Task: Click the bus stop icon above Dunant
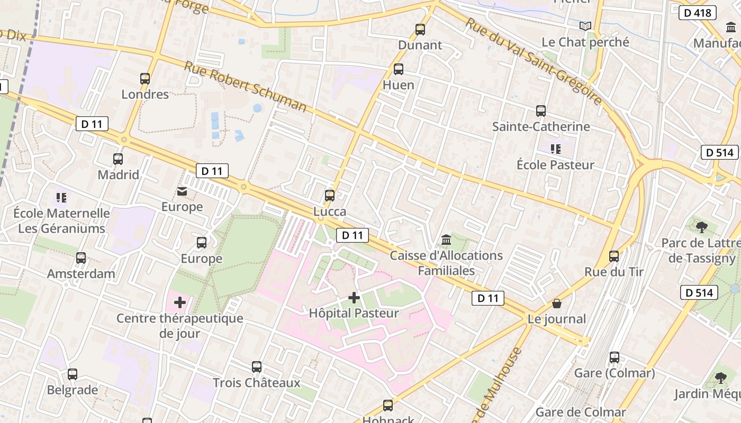tap(420, 30)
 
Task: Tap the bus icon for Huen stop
tap(399, 69)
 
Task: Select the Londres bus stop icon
tap(145, 79)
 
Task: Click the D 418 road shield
tap(697, 13)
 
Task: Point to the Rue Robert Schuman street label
tap(245, 87)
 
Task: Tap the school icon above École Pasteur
tap(555, 149)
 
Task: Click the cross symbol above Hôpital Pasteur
tap(354, 298)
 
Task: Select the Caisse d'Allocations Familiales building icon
tap(446, 240)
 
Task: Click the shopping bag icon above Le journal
tap(556, 304)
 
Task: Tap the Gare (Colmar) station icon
tap(615, 357)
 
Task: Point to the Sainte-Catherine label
tap(541, 127)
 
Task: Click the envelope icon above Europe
tap(182, 191)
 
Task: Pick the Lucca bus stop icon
tap(330, 196)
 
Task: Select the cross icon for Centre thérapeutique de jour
tap(180, 302)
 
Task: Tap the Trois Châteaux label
tap(256, 383)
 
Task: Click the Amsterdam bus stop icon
tap(81, 258)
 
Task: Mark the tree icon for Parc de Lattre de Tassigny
tap(702, 227)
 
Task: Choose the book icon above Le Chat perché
tap(585, 26)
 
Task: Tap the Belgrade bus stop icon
tap(73, 374)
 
